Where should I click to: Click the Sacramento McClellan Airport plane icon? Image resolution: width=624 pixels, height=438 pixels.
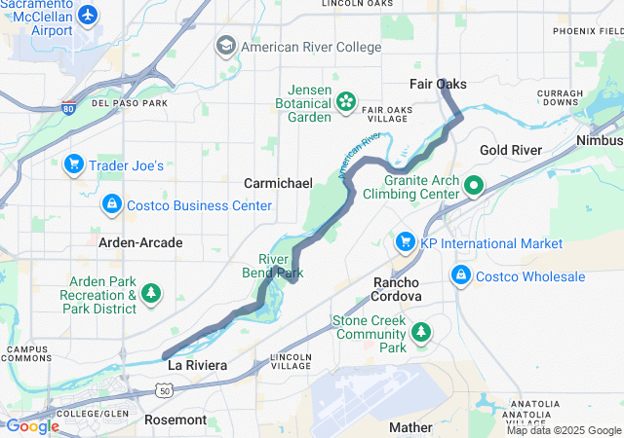pyautogui.click(x=89, y=16)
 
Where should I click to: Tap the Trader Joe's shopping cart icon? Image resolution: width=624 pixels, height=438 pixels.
pyautogui.click(x=73, y=164)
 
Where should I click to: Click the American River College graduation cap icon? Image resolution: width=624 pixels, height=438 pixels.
pyautogui.click(x=226, y=46)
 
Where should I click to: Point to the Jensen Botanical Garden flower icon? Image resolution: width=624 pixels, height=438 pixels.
pyautogui.click(x=345, y=102)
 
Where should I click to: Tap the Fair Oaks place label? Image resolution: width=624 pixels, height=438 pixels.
pyautogui.click(x=438, y=85)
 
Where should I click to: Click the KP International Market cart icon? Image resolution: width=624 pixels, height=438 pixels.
pyautogui.click(x=406, y=241)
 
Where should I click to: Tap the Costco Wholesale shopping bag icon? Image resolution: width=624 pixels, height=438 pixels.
pyautogui.click(x=460, y=275)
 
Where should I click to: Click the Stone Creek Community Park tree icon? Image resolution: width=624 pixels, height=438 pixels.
pyautogui.click(x=421, y=333)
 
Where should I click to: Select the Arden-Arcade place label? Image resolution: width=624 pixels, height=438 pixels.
pyautogui.click(x=140, y=241)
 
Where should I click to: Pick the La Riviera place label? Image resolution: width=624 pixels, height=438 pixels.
pyautogui.click(x=197, y=365)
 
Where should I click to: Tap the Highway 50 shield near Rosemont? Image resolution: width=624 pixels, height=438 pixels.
pyautogui.click(x=163, y=389)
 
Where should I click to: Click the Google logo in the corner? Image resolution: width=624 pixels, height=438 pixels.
pyautogui.click(x=32, y=426)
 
